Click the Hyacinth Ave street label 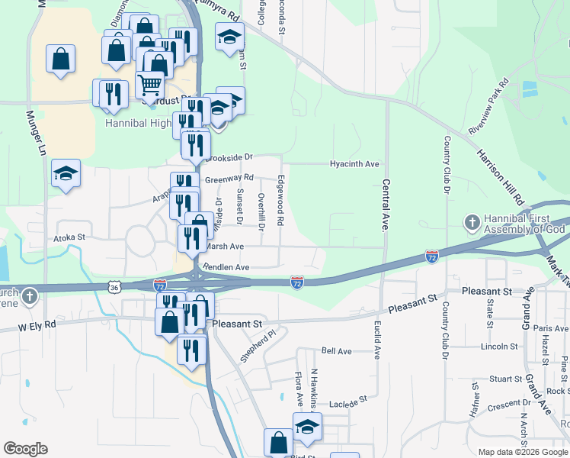tap(354, 164)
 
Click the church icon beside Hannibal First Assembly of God tap(472, 222)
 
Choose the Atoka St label tap(68, 238)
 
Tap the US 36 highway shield tap(114, 288)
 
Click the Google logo tap(25, 449)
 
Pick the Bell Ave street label tap(336, 351)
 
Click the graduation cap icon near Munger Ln tap(66, 172)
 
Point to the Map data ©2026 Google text tap(522, 452)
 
